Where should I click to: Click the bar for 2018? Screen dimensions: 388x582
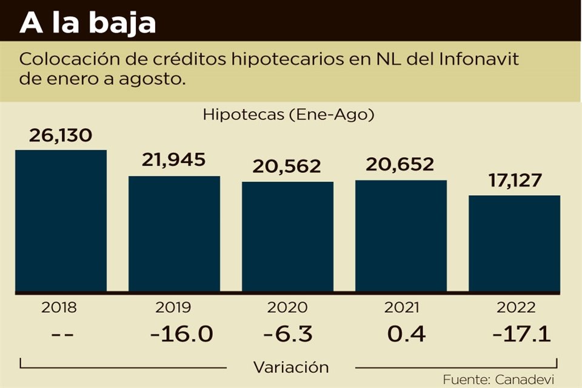tap(61, 221)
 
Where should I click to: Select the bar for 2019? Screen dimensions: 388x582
tap(174, 234)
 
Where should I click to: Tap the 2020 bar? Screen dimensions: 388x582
tap(287, 237)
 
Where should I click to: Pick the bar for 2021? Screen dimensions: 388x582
tap(401, 236)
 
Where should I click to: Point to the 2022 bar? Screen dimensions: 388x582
tap(514, 244)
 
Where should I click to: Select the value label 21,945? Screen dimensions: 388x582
tap(174, 160)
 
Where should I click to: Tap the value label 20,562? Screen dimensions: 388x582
tap(288, 166)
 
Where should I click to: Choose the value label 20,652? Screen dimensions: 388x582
tap(401, 164)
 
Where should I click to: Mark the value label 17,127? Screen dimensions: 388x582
tap(514, 181)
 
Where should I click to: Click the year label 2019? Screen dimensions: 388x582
tap(174, 307)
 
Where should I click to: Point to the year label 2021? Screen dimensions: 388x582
tap(401, 307)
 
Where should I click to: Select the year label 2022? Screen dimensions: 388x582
tap(514, 307)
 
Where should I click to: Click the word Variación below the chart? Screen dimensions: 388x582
tap(291, 367)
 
